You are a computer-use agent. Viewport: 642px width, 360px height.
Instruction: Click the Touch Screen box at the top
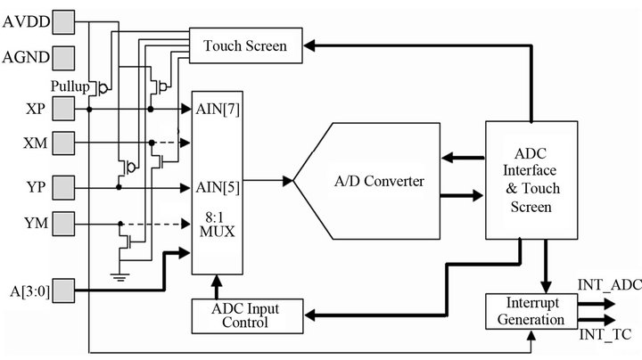[x=245, y=45]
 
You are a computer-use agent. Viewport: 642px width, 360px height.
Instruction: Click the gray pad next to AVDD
[x=63, y=20]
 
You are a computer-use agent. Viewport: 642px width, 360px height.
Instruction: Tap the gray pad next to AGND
[x=63, y=59]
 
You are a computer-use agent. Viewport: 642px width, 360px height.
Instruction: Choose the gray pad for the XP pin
[x=63, y=110]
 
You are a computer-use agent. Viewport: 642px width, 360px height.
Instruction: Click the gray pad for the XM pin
[x=63, y=143]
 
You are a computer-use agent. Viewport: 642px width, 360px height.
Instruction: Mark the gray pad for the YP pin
[x=63, y=187]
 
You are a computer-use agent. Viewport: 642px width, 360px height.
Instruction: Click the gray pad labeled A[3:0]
[x=63, y=290]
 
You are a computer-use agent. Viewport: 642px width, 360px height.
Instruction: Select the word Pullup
[x=70, y=86]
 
